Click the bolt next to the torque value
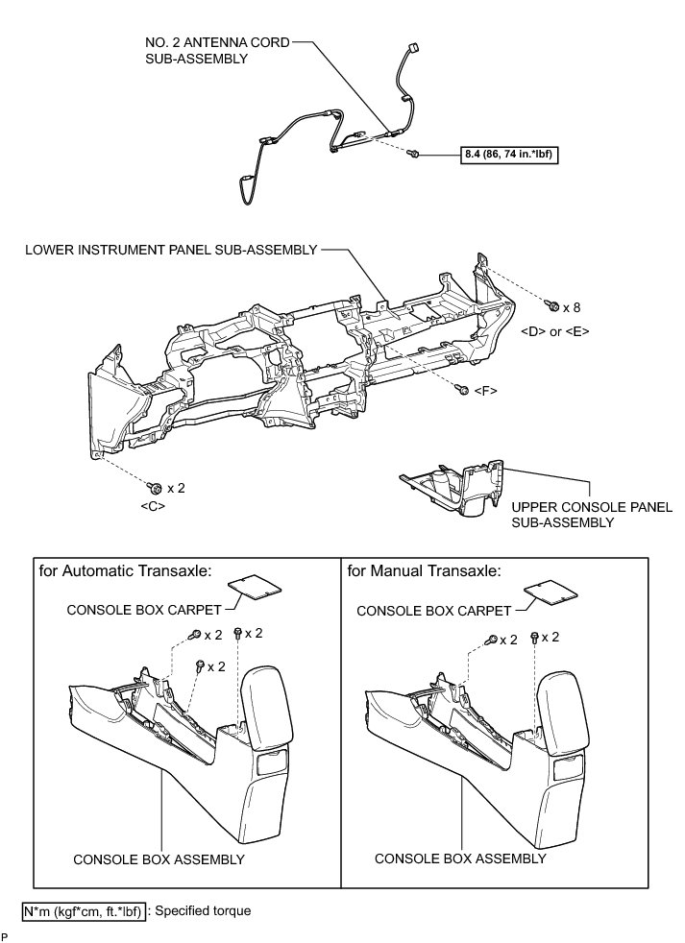coord(414,153)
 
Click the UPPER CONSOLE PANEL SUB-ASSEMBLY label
coord(564,515)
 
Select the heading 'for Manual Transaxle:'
coord(424,569)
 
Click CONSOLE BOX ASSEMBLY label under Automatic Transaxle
coord(159,858)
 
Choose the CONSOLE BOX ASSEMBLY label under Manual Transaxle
coord(460,858)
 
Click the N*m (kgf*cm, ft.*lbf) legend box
coord(83,910)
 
